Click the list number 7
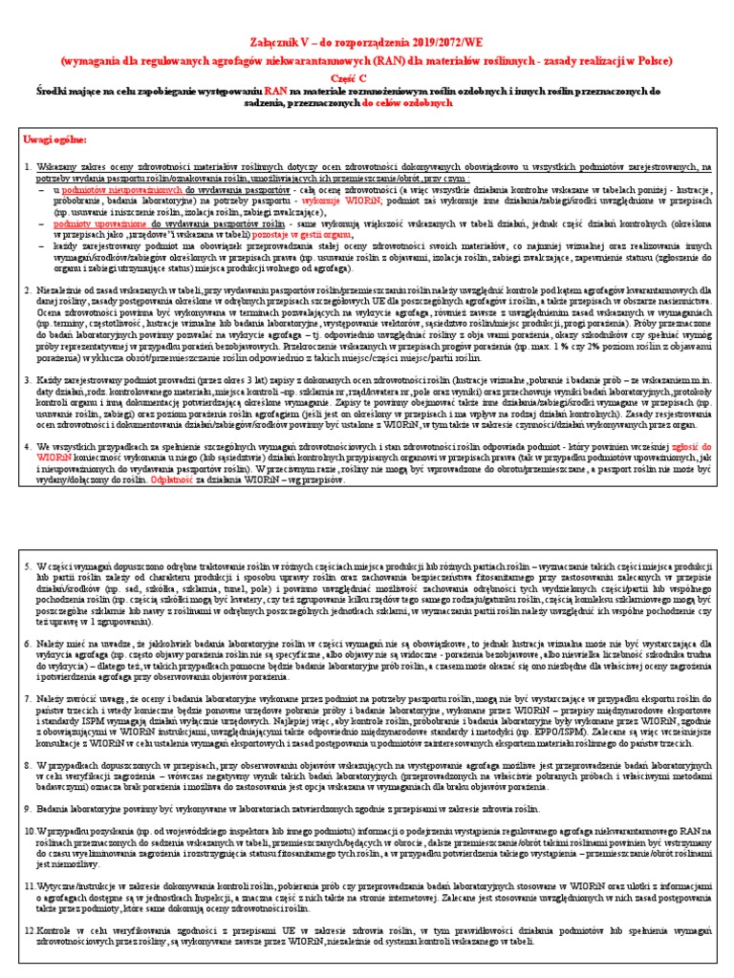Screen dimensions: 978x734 [28, 701]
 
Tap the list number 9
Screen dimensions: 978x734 [28, 808]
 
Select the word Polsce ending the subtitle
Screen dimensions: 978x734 [652, 59]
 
